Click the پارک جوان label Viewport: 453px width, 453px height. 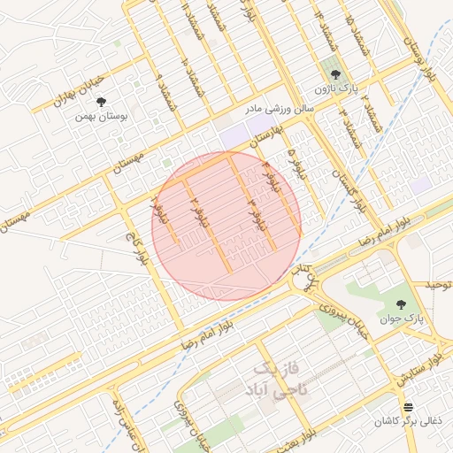tap(404, 316)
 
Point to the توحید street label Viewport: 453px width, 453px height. tap(437, 285)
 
